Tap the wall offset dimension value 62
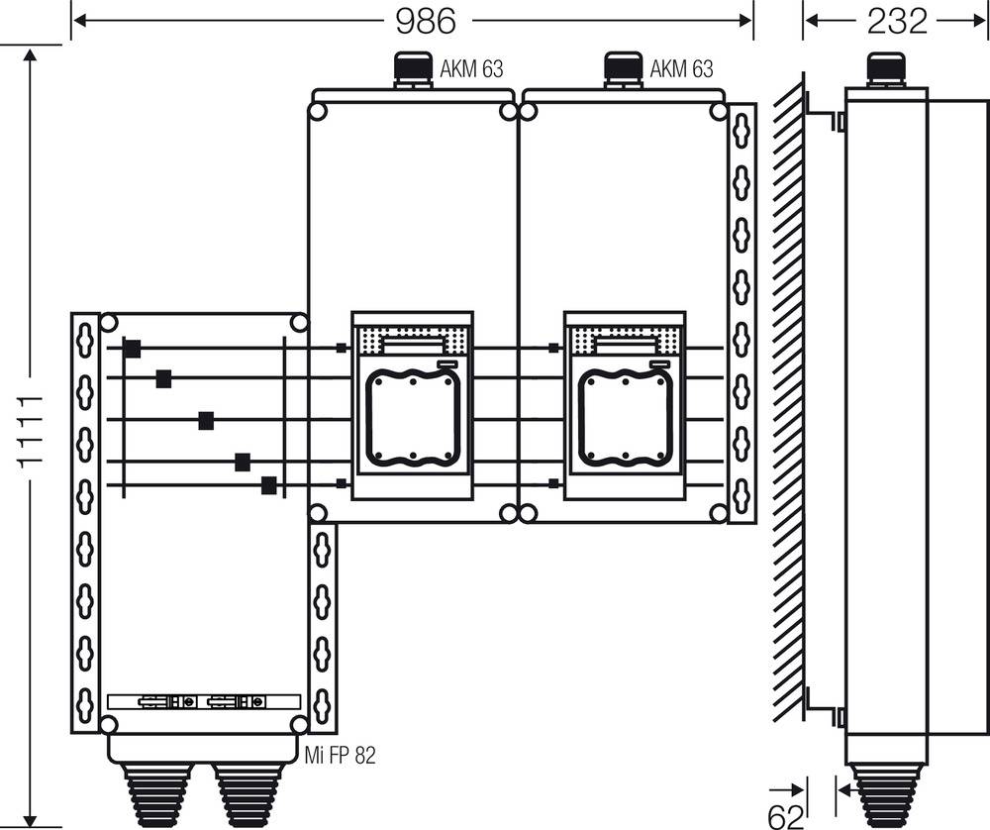pos(786,815)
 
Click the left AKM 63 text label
pos(471,69)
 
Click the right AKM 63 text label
pos(681,69)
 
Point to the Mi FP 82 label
pos(343,756)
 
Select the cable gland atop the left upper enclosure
pos(411,70)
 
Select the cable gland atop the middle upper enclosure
pos(621,70)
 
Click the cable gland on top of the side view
pos(884,70)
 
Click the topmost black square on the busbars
pos(132,348)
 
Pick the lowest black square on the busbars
pos(268,484)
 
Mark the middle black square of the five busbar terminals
pos(206,420)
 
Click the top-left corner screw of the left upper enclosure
pos(318,111)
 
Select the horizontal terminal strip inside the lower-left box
pos(203,701)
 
